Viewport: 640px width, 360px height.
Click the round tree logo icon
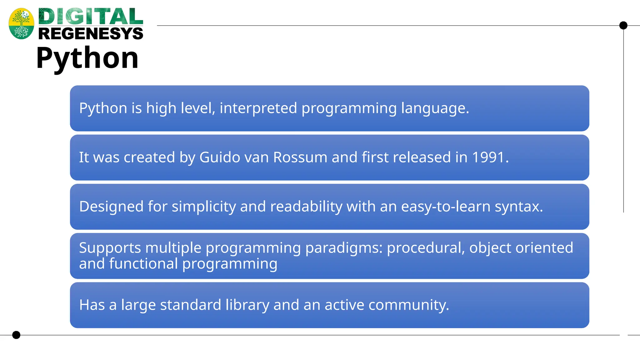tap(21, 24)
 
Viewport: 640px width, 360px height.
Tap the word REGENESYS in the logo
tap(91, 33)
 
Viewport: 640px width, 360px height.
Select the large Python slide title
tap(87, 58)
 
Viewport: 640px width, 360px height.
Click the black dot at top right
tap(623, 25)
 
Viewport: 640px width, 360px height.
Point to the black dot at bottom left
tap(16, 335)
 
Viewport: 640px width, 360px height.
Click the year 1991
tap(488, 157)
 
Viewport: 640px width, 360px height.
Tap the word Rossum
tap(300, 157)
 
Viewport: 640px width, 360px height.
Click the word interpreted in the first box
tap(258, 108)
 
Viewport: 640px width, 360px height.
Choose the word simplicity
tap(203, 207)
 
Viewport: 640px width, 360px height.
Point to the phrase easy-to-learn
tap(446, 207)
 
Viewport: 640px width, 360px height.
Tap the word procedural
tap(426, 248)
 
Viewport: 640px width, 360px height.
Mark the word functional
tap(143, 263)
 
